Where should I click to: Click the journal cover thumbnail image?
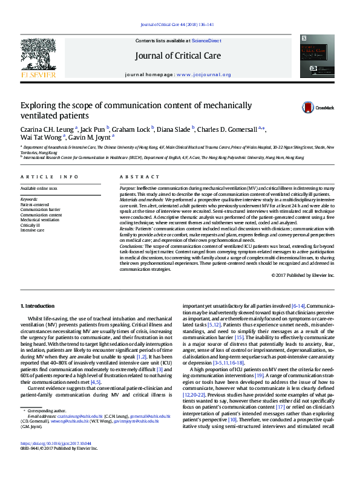point(316,56)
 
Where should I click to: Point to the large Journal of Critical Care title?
point(180,54)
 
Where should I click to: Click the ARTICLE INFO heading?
point(50,177)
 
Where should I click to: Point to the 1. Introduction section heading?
point(38,306)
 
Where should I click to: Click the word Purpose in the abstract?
point(128,189)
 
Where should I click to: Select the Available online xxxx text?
point(39,189)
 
